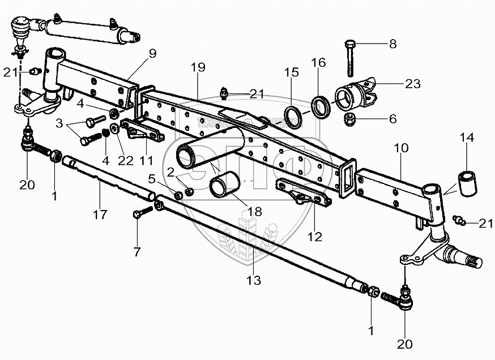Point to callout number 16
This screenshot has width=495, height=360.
point(318,62)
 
